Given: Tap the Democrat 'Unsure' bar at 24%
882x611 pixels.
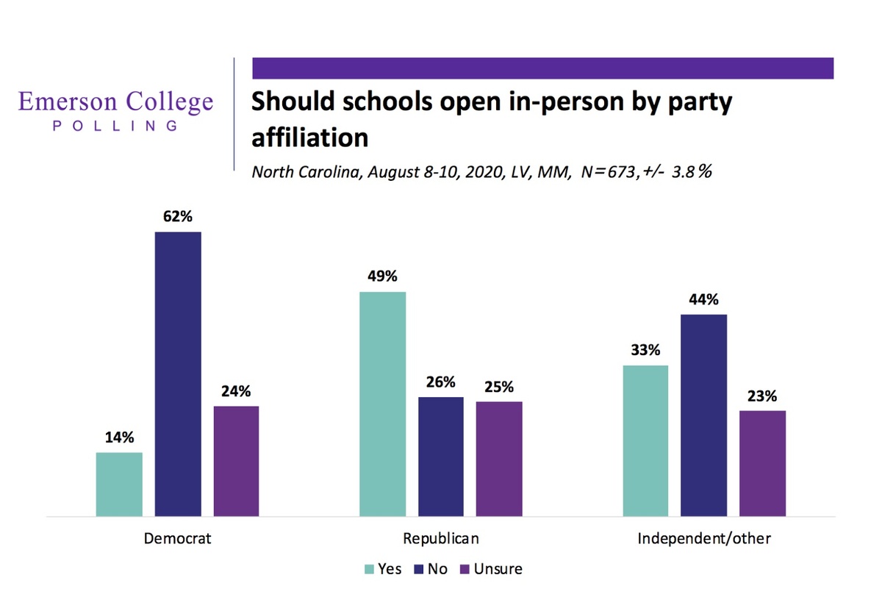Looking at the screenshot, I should pyautogui.click(x=236, y=461).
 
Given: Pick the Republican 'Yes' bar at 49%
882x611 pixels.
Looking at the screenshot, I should pyautogui.click(x=382, y=404).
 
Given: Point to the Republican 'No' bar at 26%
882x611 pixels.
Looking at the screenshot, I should pyautogui.click(x=441, y=457).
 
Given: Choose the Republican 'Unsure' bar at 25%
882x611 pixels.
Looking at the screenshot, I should pyautogui.click(x=499, y=459).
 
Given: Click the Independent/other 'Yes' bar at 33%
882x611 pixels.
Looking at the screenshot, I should pyautogui.click(x=645, y=440).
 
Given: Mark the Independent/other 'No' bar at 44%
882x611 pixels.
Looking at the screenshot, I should pyautogui.click(x=704, y=415).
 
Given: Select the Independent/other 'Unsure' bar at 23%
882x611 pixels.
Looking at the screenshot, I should pyautogui.click(x=762, y=463).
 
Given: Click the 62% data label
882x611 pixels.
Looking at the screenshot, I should pyautogui.click(x=178, y=218).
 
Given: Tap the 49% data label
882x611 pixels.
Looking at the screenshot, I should pyautogui.click(x=382, y=277).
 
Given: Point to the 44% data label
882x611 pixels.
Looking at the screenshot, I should pyautogui.click(x=704, y=300).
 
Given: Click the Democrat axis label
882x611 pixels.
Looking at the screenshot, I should pyautogui.click(x=177, y=538).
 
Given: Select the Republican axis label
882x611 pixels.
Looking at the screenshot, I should pyautogui.click(x=441, y=538).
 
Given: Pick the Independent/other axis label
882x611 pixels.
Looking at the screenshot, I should pyautogui.click(x=704, y=538).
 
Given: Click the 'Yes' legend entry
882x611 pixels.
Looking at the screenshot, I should pyautogui.click(x=383, y=568).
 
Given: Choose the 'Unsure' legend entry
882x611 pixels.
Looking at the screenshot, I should pyautogui.click(x=490, y=568).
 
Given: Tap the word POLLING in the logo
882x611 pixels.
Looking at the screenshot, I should pyautogui.click(x=115, y=126).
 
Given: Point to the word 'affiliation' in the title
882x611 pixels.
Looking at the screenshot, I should pyautogui.click(x=309, y=137).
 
